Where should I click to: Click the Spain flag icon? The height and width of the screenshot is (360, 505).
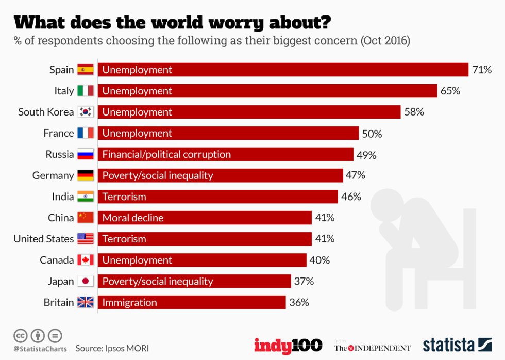pyautogui.click(x=86, y=70)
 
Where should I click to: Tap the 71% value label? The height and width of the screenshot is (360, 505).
pyautogui.click(x=482, y=70)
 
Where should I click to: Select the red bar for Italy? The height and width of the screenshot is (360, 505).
pyautogui.click(x=267, y=91)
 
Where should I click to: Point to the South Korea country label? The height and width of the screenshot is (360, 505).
pyautogui.click(x=46, y=112)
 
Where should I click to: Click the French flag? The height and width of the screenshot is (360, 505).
pyautogui.click(x=86, y=133)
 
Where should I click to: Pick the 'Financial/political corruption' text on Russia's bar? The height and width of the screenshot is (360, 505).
pyautogui.click(x=166, y=154)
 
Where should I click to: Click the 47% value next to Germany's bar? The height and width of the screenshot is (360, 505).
pyautogui.click(x=355, y=175)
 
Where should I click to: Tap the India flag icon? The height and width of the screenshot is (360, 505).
pyautogui.click(x=86, y=197)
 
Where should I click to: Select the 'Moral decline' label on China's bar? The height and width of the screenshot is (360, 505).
pyautogui.click(x=133, y=218)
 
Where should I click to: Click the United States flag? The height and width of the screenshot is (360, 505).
pyautogui.click(x=86, y=239)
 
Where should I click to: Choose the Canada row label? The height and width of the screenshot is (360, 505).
pyautogui.click(x=57, y=260)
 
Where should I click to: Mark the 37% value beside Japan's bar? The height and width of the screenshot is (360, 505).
pyautogui.click(x=304, y=281)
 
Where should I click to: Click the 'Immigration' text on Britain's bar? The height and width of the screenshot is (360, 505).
pyautogui.click(x=129, y=302)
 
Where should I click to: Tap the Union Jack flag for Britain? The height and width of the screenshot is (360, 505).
pyautogui.click(x=86, y=302)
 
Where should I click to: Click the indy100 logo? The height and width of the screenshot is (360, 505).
pyautogui.click(x=288, y=346)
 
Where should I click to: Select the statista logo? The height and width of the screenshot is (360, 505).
pyautogui.click(x=457, y=345)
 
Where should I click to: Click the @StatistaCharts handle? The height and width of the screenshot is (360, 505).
pyautogui.click(x=40, y=349)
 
